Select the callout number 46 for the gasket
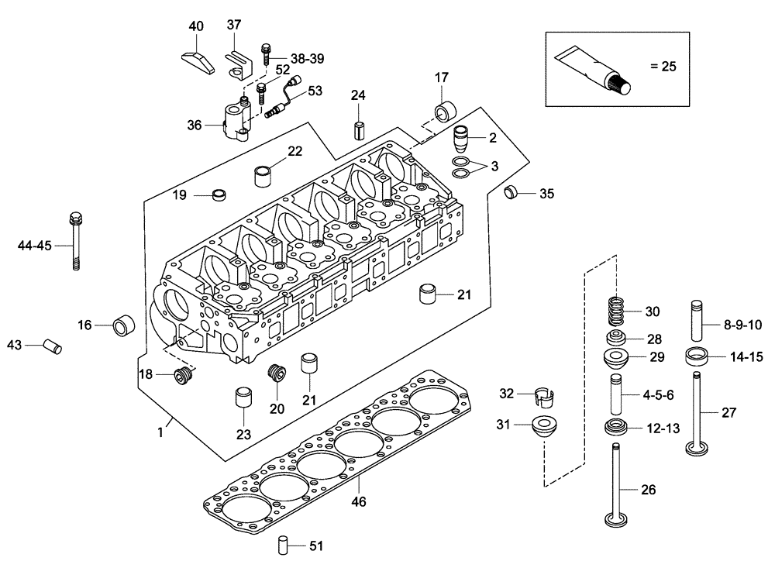point(358,501)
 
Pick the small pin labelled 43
point(51,345)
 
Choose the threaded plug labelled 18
point(184,377)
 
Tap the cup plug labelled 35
point(511,192)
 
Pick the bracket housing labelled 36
point(236,122)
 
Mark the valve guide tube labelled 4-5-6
point(618,394)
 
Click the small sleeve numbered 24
point(358,128)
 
